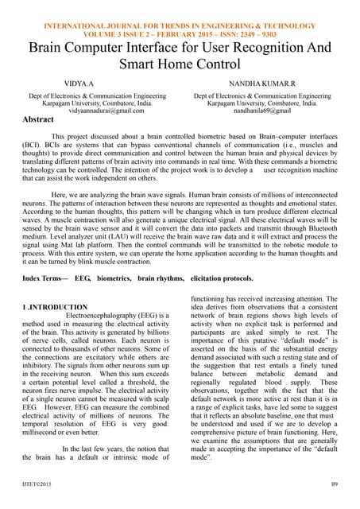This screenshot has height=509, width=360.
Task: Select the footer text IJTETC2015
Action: pos(39,484)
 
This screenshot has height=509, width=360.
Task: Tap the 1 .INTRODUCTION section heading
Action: pos(55,307)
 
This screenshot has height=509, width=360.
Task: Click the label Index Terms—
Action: pos(47,278)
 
